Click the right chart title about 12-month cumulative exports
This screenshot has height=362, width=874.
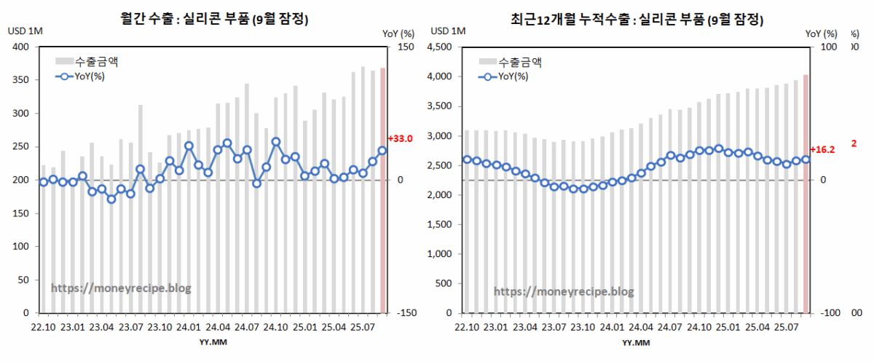tap(637, 20)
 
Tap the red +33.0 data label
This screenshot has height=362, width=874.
tap(401, 138)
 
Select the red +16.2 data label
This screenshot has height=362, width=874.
tap(822, 149)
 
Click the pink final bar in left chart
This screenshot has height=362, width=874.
tap(382, 219)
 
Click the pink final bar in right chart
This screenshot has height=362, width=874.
tap(806, 197)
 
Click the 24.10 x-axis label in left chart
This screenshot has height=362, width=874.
tap(277, 328)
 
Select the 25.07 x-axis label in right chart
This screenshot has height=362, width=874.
tap(785, 328)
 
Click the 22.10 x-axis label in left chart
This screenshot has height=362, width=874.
tap(43, 328)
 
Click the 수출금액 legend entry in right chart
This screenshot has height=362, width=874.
tap(519, 62)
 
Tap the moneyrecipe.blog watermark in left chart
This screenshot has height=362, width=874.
tap(121, 288)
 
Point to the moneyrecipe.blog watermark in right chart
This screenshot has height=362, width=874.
tap(564, 291)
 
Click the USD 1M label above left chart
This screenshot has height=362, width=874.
tap(25, 31)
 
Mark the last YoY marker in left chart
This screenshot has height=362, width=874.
tap(382, 151)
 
